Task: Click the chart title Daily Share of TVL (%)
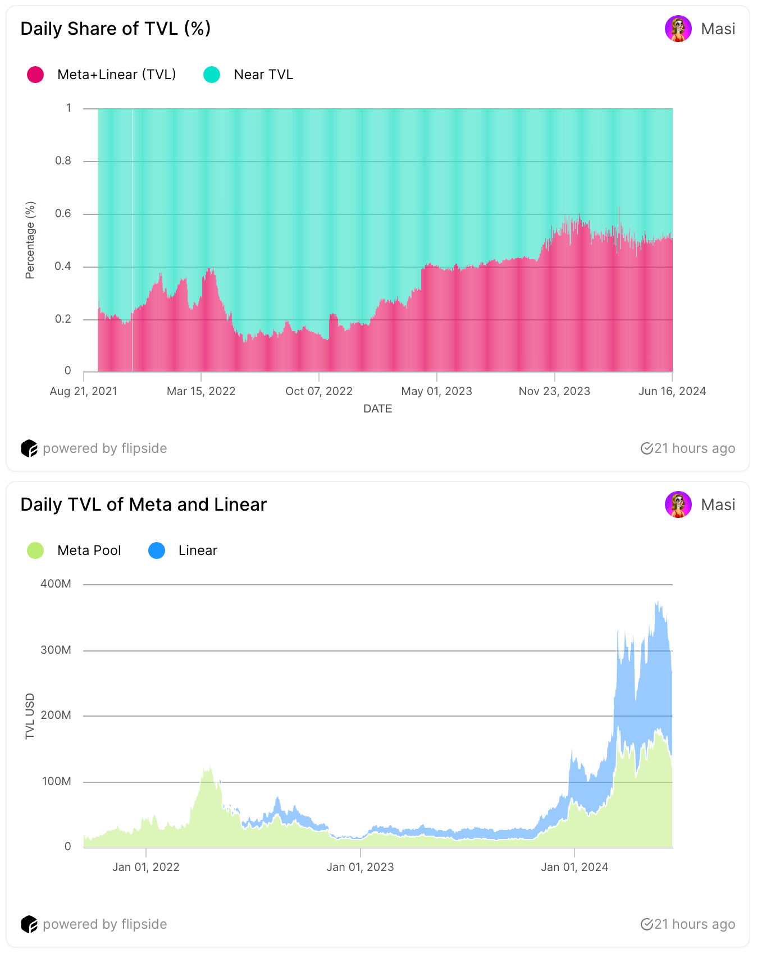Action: (116, 29)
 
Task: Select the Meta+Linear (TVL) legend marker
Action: (35, 75)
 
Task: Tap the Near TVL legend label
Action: (263, 75)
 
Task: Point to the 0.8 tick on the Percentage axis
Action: (63, 161)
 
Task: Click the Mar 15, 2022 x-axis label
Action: (201, 391)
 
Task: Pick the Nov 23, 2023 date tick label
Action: (554, 391)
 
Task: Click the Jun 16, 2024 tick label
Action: (672, 391)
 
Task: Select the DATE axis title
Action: (377, 409)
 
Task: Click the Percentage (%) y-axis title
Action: (30, 240)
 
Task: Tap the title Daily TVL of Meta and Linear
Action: (144, 504)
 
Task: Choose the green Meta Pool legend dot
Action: (35, 551)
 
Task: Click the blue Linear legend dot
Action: (157, 551)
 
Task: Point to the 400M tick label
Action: (56, 584)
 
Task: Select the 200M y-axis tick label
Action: (56, 715)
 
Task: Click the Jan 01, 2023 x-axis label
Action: (360, 867)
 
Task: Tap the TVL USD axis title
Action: (30, 716)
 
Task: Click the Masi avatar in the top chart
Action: (678, 29)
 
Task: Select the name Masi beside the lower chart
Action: (718, 504)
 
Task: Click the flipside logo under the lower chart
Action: (29, 924)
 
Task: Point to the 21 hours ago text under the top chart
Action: (694, 448)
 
